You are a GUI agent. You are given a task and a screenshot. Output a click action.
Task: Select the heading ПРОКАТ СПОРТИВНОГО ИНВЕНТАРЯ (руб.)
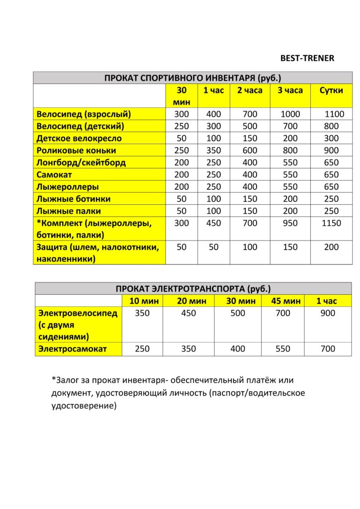pos(193,78)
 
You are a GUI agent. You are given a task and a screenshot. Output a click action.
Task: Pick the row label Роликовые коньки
pos(76,150)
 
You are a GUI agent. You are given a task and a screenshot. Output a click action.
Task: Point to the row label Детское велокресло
pos(79,138)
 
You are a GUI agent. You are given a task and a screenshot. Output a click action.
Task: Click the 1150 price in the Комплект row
pos(331,223)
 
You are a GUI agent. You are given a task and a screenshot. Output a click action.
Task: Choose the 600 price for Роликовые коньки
pos(250,150)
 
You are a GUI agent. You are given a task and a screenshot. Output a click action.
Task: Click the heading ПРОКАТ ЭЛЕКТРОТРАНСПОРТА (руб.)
pos(193,289)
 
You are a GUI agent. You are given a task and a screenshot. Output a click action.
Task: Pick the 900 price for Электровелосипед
pos(328,313)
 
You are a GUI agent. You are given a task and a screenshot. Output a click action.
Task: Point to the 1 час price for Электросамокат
pos(328,349)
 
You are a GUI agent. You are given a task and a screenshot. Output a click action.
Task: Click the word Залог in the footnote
pos(66,380)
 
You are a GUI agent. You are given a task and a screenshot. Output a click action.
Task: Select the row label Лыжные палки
pos(68,211)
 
